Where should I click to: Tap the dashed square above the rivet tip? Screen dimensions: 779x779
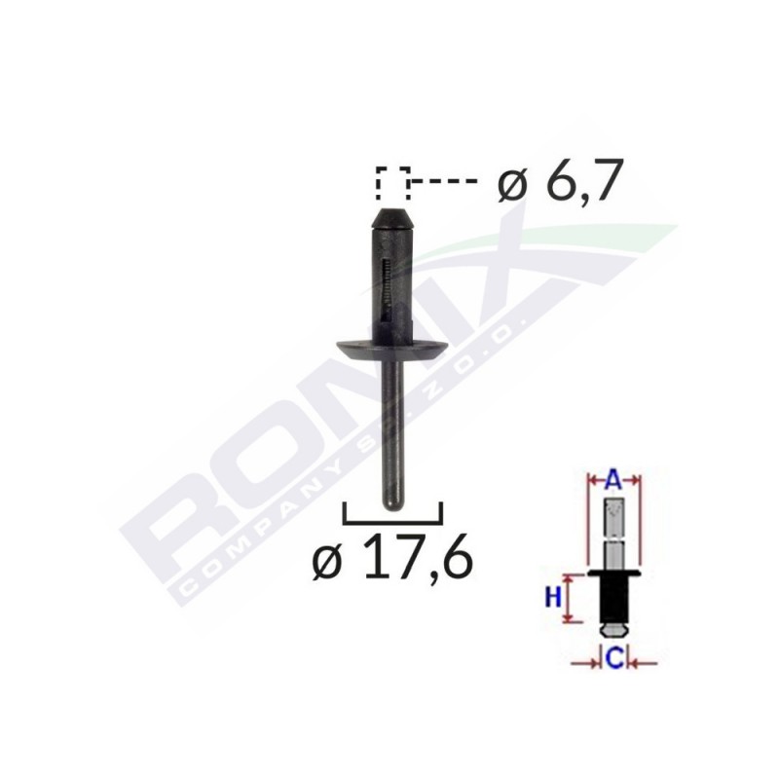coord(392,182)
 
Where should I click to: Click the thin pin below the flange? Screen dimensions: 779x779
coord(391,428)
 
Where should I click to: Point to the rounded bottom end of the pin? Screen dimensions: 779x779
coord(391,501)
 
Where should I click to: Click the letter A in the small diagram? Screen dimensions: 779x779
coord(612,478)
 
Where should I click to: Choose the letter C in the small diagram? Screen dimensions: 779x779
coord(613,659)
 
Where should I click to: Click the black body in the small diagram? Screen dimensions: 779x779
coord(613,596)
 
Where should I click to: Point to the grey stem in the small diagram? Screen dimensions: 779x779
coord(613,531)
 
